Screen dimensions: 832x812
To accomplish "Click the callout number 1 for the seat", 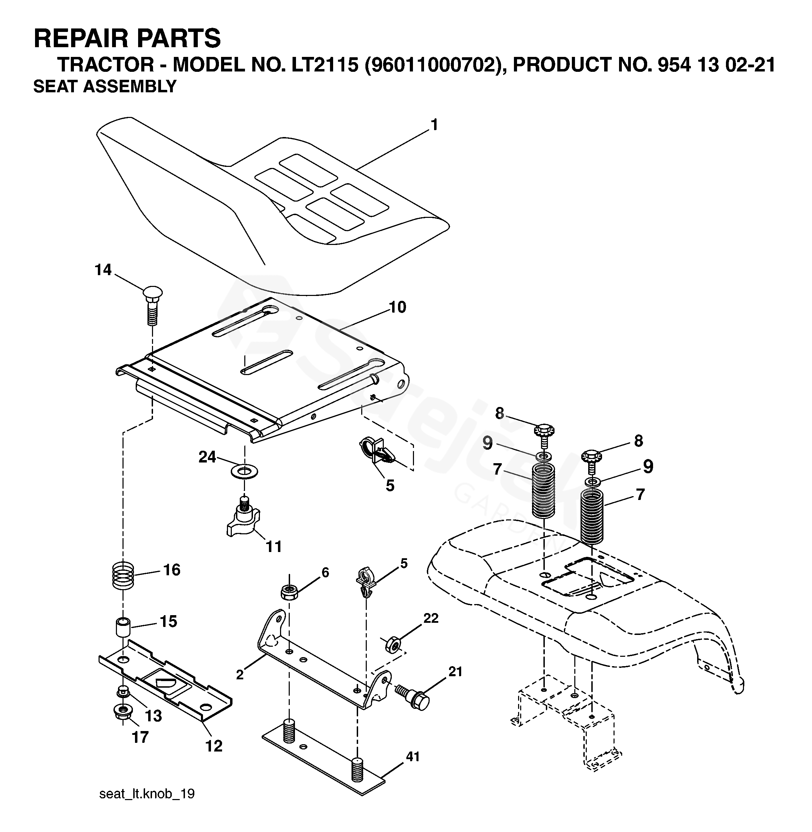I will pyautogui.click(x=434, y=125).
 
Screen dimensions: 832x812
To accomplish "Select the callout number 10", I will pyautogui.click(x=397, y=307).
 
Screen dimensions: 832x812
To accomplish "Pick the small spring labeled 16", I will pyautogui.click(x=123, y=575).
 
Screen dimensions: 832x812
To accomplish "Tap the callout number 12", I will pyautogui.click(x=214, y=745).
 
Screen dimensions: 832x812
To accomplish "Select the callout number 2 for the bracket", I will pyautogui.click(x=240, y=674).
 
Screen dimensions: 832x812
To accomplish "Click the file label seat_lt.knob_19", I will pyautogui.click(x=147, y=793).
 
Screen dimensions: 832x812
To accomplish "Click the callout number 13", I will pyautogui.click(x=153, y=715).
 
